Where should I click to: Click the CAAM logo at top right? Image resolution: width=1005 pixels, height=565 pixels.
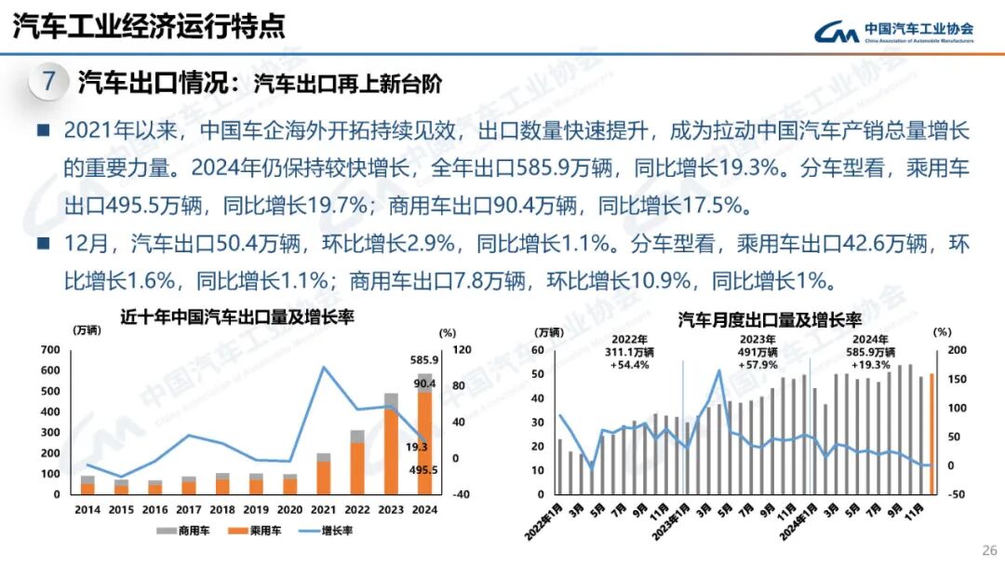click(x=893, y=32)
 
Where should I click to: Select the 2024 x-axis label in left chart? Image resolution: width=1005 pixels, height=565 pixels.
click(x=424, y=510)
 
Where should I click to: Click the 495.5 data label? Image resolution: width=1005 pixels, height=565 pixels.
click(x=423, y=470)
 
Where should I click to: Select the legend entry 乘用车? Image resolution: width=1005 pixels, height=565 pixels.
click(x=258, y=531)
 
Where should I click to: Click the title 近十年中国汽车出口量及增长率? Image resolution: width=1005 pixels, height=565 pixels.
click(x=238, y=316)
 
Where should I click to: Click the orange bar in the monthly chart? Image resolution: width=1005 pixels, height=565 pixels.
click(x=931, y=433)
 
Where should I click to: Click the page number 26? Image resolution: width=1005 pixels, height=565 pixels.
click(x=988, y=548)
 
